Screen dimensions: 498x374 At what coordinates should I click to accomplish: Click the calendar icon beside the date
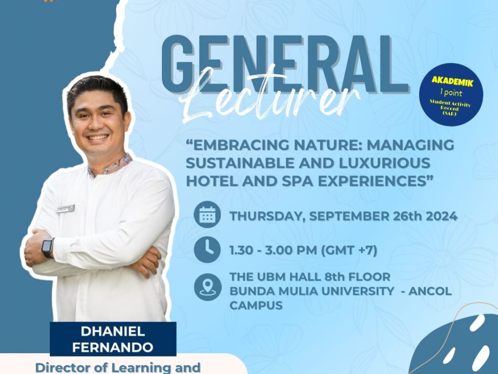[x=208, y=215]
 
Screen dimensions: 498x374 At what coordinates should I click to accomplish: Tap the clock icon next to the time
[x=208, y=249]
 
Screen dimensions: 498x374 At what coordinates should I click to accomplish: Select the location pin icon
[x=208, y=287]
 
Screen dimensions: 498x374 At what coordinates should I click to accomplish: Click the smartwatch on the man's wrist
[x=48, y=247]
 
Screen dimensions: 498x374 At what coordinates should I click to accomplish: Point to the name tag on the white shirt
[x=66, y=209]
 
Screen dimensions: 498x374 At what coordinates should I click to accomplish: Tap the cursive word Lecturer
[x=270, y=97]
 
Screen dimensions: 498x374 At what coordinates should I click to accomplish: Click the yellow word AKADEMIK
[x=452, y=82]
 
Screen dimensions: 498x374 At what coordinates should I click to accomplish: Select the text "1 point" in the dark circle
[x=451, y=93]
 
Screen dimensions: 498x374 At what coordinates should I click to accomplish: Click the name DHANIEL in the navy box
[x=113, y=331]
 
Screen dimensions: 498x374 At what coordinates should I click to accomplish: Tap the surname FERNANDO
[x=113, y=348]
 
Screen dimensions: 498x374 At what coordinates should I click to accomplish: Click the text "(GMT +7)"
[x=349, y=250]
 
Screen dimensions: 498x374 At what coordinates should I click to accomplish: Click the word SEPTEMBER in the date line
[x=349, y=216]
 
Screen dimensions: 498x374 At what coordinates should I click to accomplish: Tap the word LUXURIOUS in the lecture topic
[x=384, y=163]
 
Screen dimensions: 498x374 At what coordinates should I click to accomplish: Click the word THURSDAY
[x=268, y=217]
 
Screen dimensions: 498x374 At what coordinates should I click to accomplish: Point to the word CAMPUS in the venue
[x=256, y=305]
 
